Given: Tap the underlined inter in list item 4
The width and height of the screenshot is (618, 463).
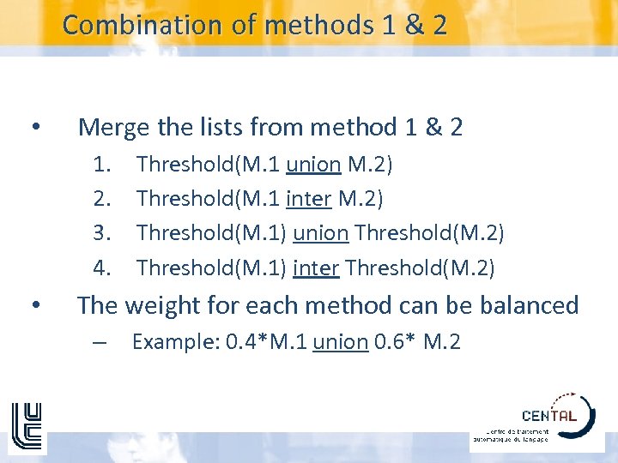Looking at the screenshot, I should click(316, 268).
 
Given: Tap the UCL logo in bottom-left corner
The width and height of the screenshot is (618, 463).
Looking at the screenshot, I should click(27, 427).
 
